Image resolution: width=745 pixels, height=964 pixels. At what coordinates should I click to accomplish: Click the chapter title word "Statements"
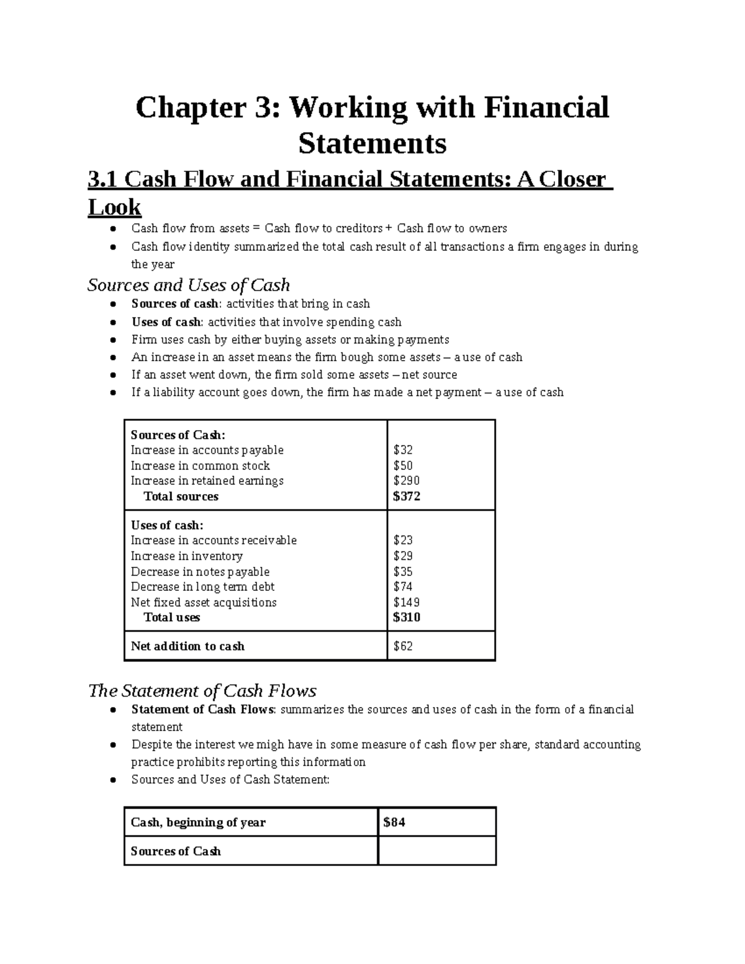click(372, 143)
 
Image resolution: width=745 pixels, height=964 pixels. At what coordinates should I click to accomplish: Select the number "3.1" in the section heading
click(103, 179)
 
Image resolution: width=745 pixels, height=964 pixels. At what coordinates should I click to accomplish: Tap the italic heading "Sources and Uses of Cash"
click(189, 285)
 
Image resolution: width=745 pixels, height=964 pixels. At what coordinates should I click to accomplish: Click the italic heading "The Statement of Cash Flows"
click(202, 691)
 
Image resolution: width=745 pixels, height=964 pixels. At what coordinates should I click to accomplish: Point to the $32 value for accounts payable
click(403, 450)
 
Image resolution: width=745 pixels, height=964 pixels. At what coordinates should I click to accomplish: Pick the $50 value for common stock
click(403, 466)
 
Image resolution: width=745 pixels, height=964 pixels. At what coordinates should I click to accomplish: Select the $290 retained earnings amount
click(407, 480)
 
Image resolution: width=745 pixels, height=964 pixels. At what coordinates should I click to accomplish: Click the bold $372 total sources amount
click(407, 496)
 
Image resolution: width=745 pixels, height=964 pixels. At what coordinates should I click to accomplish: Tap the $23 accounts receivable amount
click(403, 540)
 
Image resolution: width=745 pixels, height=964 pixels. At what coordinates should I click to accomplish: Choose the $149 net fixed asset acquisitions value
click(407, 602)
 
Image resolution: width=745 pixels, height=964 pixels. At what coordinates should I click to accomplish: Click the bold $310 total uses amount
click(407, 617)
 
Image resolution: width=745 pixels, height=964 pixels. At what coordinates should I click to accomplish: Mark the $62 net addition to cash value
click(403, 646)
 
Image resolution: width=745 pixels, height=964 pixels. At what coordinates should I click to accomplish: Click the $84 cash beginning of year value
click(394, 822)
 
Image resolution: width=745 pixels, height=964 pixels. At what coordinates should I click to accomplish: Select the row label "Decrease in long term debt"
click(202, 587)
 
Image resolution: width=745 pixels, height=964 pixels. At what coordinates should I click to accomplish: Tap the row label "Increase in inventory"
click(186, 556)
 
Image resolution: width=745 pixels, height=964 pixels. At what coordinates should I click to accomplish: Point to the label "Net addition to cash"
click(187, 646)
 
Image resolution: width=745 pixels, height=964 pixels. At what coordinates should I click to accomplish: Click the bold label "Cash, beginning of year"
click(198, 822)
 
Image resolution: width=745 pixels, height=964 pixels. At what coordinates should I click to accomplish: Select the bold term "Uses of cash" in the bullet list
click(166, 322)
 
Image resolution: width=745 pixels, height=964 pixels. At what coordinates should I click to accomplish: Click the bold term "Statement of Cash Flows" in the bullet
click(202, 709)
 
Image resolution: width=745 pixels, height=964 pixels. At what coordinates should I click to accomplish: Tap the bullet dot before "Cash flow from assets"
click(112, 229)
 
